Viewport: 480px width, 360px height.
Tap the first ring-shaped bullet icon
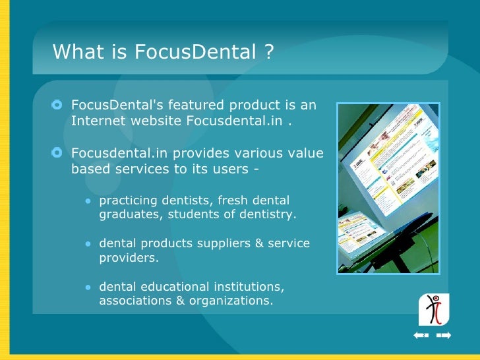pos(57,105)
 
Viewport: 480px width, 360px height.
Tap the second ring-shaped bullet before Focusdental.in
pos(57,154)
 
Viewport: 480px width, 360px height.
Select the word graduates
pos(129,214)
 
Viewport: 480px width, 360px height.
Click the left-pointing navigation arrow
pos(421,336)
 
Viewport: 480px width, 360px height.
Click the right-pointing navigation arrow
pos(444,336)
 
